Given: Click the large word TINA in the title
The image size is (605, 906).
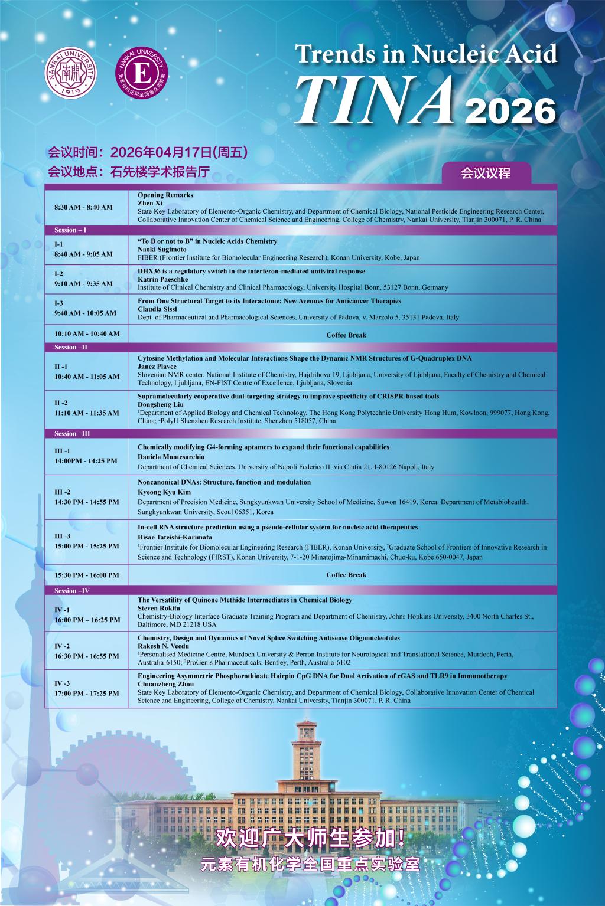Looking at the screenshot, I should coord(377,99).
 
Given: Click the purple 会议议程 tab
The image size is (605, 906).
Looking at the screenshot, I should coord(486,174).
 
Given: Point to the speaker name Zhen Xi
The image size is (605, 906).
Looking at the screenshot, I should coord(150,203).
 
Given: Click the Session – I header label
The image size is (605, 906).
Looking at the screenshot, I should coord(70,230).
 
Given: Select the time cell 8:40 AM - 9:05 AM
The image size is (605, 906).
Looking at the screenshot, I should coord(83,254).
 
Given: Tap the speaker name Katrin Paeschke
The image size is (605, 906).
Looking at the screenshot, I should coord(162,279).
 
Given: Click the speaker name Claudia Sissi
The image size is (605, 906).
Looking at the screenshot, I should coord(157,309).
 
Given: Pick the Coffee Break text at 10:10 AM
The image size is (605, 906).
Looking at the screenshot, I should coord(346,335).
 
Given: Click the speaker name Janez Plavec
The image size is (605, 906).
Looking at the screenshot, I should coord(157,367).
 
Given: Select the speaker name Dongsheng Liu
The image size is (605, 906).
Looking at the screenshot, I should coord(160,404).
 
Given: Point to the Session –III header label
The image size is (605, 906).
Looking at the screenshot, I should coord(72,434).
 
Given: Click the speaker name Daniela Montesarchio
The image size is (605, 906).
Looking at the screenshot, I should coord(171,457).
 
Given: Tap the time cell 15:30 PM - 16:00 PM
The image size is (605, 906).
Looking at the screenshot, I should coord(86,575).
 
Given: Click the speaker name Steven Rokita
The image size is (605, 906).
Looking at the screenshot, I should coord(158,608).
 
